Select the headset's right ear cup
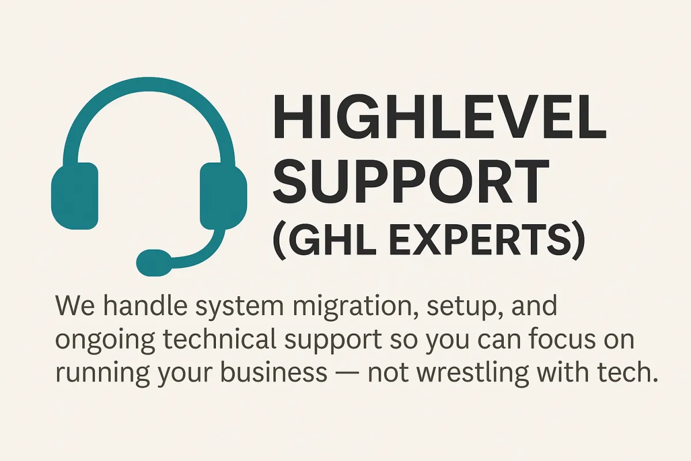click(x=223, y=196)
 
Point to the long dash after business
click(x=345, y=373)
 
